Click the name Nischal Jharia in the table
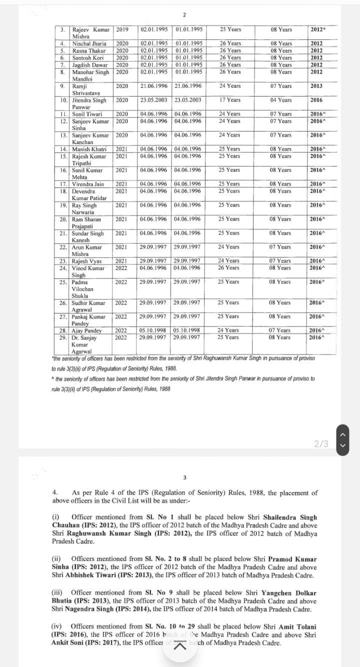click(89, 43)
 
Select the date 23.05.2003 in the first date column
click(153, 100)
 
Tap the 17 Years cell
click(230, 100)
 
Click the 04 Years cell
click(281, 100)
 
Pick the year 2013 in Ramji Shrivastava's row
click(316, 86)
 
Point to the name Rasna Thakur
click(89, 50)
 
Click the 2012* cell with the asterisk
click(317, 29)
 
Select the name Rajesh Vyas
click(88, 260)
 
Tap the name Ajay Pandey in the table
click(87, 330)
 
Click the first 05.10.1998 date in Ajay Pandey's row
click(153, 330)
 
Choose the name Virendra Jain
click(88, 184)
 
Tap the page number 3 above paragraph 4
click(184, 477)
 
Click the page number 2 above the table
click(184, 14)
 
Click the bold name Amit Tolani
click(295, 626)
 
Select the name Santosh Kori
click(88, 57)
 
